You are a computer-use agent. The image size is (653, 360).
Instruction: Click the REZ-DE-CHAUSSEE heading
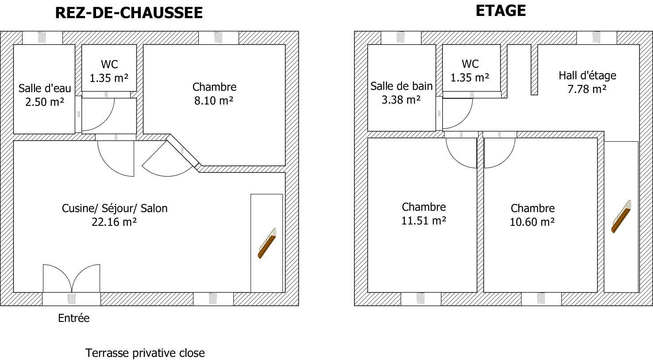pos(129,13)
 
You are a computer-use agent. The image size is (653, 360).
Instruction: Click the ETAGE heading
pos(501,11)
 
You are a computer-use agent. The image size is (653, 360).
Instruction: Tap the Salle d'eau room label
pos(45,88)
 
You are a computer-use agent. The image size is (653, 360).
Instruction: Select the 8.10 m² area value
pos(214,101)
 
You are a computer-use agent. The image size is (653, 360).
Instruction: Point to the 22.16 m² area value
pos(114,222)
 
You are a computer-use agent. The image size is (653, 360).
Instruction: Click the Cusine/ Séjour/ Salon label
pos(115,208)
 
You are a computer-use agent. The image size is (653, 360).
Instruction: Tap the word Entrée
pos(74,318)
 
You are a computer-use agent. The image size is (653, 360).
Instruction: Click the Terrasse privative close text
pos(145,353)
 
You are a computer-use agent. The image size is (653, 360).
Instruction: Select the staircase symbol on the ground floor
pos(267,244)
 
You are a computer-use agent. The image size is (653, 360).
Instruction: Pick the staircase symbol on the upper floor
pos(621,217)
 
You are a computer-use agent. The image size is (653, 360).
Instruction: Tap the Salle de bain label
pos(402,86)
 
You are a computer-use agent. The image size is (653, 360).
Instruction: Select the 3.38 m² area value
pos(401,100)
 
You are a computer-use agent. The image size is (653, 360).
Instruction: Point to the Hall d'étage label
pos(587,75)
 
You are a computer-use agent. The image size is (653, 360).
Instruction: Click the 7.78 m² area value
pos(587,89)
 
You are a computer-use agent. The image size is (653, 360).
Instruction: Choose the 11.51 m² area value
pos(424,221)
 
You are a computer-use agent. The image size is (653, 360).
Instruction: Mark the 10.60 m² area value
pos(532,222)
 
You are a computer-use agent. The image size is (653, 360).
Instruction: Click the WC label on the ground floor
pos(109,64)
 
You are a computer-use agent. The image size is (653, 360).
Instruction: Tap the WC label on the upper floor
pos(470,64)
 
